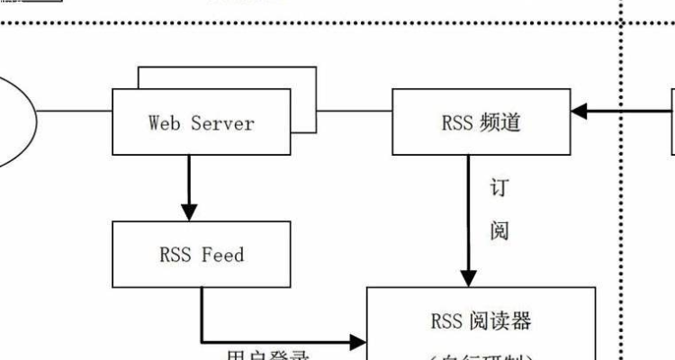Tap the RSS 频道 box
[x=481, y=121]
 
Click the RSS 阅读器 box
[x=481, y=324]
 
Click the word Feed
[x=222, y=255]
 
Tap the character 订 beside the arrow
[x=499, y=189]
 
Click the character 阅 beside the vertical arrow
[x=499, y=231]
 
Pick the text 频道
[x=500, y=122]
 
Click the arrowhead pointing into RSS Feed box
[x=189, y=212]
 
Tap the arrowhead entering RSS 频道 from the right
[x=580, y=112]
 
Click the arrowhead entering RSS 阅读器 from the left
[x=357, y=342]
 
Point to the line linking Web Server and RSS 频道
[x=354, y=112]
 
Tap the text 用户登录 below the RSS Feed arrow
[x=267, y=355]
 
